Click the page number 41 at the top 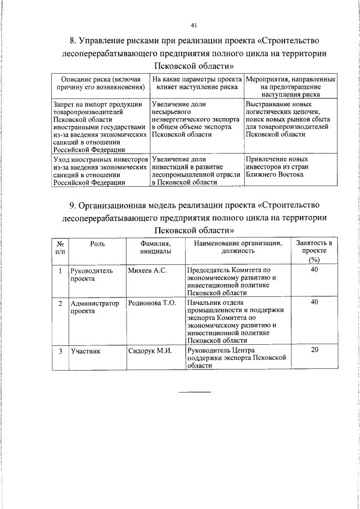tap(193, 25)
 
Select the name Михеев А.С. tap(147, 271)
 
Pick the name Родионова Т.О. tap(152, 303)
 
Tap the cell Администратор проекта tap(95, 307)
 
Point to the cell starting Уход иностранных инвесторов tap(100, 170)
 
